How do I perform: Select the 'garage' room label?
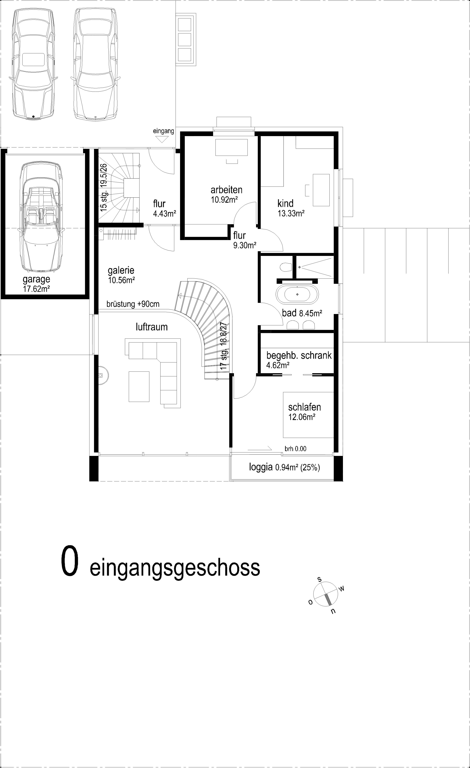click(36, 279)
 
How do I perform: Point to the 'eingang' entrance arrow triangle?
click(162, 139)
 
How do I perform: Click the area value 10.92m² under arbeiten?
click(224, 200)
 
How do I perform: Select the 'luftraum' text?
click(152, 327)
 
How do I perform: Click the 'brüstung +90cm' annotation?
click(133, 304)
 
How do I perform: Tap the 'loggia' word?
click(261, 467)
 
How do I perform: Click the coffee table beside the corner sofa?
click(139, 386)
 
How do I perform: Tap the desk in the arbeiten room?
click(231, 147)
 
